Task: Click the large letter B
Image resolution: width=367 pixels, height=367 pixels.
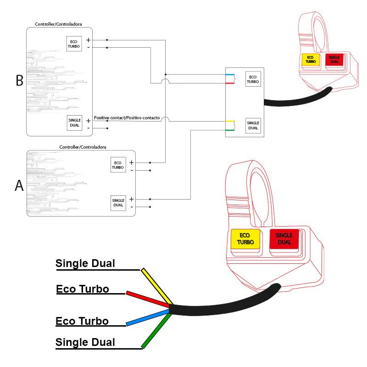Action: (x=19, y=80)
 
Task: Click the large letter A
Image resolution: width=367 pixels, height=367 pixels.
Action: (x=19, y=185)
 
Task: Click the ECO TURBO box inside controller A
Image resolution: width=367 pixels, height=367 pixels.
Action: (x=118, y=165)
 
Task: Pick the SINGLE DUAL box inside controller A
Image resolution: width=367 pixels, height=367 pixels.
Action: (x=118, y=202)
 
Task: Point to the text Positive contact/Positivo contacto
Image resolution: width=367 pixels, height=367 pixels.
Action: (x=127, y=118)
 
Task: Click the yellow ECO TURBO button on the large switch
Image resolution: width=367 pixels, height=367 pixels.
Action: (x=245, y=239)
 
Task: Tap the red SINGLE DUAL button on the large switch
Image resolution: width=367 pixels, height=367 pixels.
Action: (x=284, y=239)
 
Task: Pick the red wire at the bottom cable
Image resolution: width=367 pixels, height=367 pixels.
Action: (x=147, y=299)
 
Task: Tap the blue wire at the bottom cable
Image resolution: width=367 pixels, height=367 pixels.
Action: (x=147, y=318)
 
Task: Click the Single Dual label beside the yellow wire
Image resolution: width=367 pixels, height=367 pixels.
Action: (x=85, y=264)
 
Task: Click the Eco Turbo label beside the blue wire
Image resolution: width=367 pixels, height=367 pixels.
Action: (x=82, y=321)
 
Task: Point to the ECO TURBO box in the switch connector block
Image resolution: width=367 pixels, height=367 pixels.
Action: (x=253, y=79)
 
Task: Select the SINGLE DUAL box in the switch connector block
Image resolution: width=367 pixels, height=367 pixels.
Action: (x=253, y=126)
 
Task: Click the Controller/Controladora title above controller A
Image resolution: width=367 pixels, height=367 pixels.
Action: (x=83, y=147)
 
